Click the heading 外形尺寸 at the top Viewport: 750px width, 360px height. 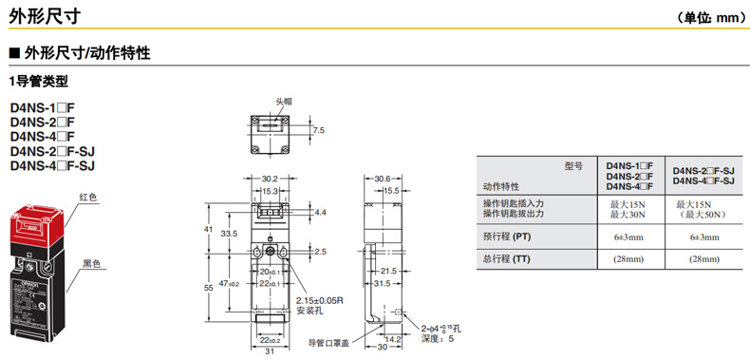pos(45,16)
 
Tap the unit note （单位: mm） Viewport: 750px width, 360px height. pos(711,18)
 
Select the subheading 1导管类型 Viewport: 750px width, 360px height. pos(39,82)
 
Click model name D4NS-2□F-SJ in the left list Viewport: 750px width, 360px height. pos(52,152)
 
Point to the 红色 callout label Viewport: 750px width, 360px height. pos(89,198)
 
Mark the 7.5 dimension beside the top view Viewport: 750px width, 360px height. pos(319,130)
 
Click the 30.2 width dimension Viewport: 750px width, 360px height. pos(270,179)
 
